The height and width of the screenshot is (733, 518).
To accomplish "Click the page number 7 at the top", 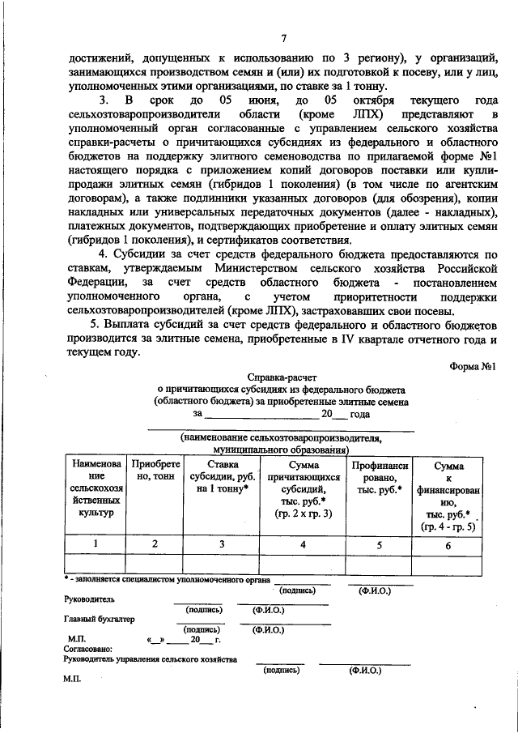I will tap(283, 38).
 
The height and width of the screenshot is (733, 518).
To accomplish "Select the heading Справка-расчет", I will tap(281, 377).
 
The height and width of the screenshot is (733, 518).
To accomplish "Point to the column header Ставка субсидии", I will tap(222, 478).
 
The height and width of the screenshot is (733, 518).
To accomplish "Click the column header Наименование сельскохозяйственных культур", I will tap(96, 489).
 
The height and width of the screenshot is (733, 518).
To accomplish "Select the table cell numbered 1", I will tap(96, 543).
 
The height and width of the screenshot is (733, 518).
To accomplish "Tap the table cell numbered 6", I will tap(448, 543).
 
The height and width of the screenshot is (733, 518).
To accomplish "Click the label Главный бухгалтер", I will tap(99, 618).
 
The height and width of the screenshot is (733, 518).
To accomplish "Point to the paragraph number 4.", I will tap(102, 254).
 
